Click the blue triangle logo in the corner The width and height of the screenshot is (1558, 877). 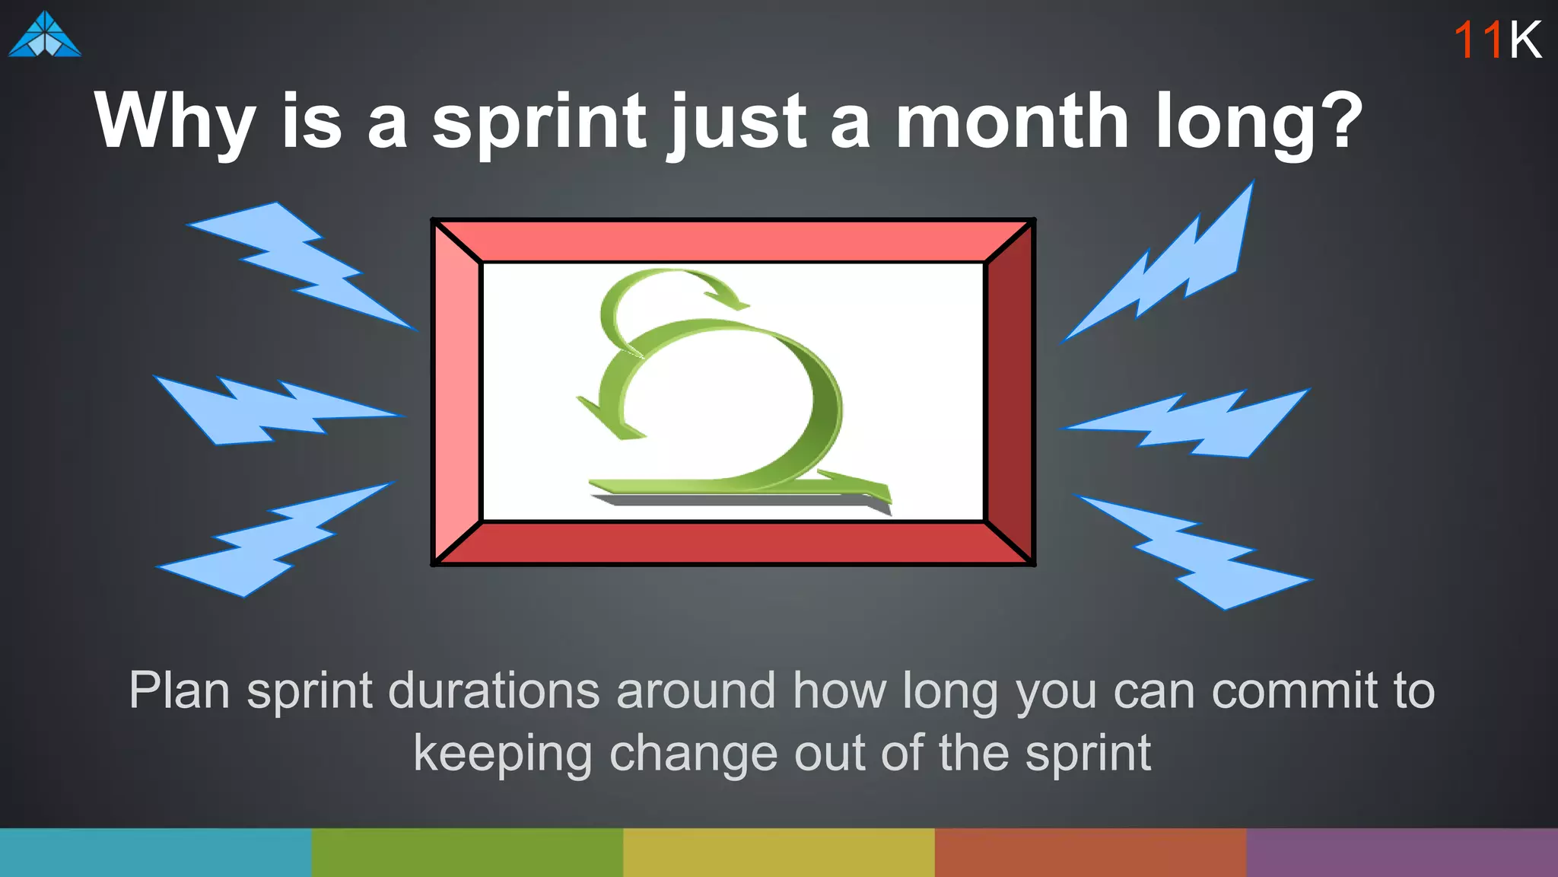coord(45,35)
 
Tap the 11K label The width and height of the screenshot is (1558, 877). coord(1497,40)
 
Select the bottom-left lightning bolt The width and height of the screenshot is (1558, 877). coord(274,541)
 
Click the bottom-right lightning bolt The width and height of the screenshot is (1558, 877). coord(1194,552)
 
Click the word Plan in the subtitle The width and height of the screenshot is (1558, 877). coord(180,691)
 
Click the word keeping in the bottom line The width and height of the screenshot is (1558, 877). coord(502,754)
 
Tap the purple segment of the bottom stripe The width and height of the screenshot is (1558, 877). coord(1402,853)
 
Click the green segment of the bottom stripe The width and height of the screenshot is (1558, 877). coord(467,853)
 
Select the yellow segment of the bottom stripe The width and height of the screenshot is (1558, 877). coord(779,853)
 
